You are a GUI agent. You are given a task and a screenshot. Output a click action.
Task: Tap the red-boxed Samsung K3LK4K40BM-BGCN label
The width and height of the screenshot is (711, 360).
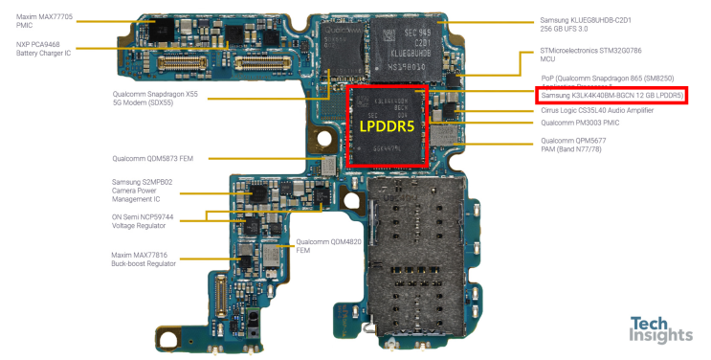tap(611, 96)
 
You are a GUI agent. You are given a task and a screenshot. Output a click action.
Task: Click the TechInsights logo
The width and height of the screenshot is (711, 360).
tap(659, 329)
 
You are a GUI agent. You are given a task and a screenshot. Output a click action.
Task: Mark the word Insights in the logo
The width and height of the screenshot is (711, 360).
tap(659, 337)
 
